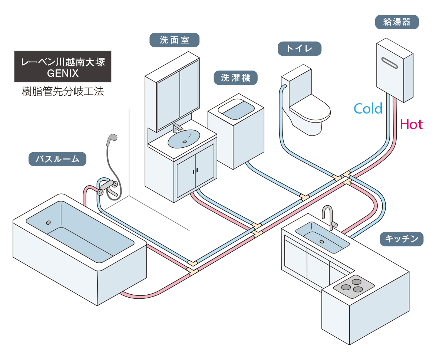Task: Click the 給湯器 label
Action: coord(397,22)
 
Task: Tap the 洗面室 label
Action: coord(174,40)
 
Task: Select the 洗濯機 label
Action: coord(235,78)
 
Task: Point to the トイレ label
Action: coord(299,49)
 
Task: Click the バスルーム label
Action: coord(57,159)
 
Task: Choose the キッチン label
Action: coord(402,239)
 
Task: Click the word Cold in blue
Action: coord(368,108)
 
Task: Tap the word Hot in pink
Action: coord(412,124)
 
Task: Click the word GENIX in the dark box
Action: coord(63,73)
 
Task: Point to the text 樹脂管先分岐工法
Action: coord(63,92)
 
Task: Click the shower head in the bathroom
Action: coord(111,140)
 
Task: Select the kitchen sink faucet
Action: coord(328,216)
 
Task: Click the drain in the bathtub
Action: coord(48,223)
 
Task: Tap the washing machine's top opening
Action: coord(236,110)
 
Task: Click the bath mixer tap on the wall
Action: coord(108,186)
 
